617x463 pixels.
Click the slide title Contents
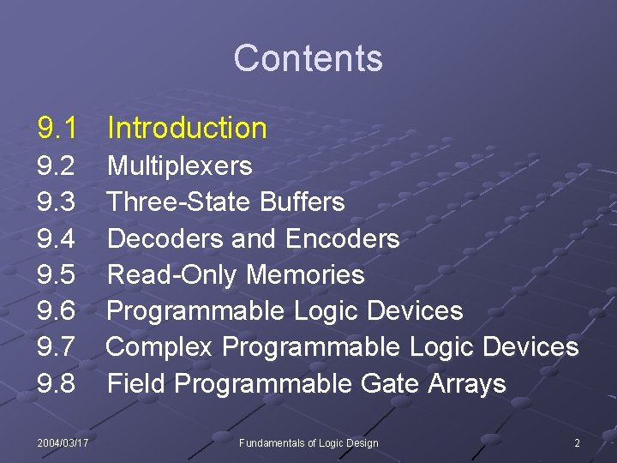tap(308, 58)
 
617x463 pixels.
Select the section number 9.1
tap(57, 129)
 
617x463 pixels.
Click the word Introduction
tap(187, 129)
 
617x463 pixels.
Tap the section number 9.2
tap(57, 165)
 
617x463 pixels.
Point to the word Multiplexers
tap(179, 165)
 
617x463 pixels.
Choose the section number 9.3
tap(57, 202)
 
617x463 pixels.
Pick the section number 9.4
tap(57, 238)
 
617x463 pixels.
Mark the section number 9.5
tap(57, 274)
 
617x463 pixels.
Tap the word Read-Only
tap(172, 274)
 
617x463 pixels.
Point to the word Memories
tap(305, 274)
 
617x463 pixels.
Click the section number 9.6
tap(57, 310)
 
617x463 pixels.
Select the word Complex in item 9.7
tap(160, 347)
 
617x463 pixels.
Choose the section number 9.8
tap(57, 383)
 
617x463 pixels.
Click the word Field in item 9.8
tap(134, 383)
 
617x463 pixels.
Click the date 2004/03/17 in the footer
tap(63, 442)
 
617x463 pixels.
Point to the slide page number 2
tap(577, 442)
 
